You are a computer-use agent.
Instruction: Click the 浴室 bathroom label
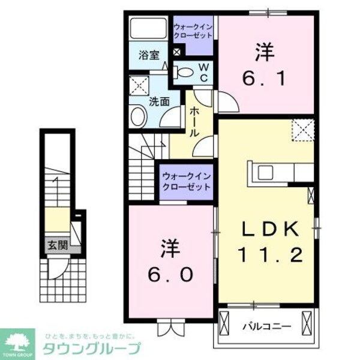click(149, 55)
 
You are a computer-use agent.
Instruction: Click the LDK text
click(270, 229)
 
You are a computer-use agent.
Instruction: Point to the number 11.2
click(269, 256)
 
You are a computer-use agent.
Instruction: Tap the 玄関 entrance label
click(58, 245)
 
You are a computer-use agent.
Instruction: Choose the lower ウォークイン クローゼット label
click(187, 182)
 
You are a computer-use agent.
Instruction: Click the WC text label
click(203, 73)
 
